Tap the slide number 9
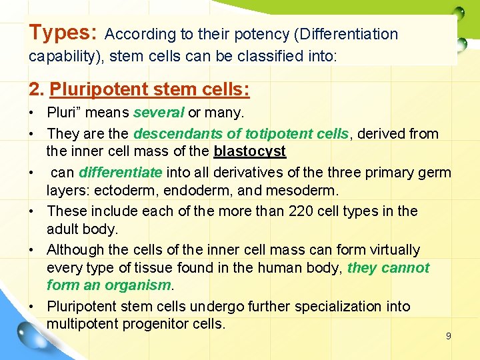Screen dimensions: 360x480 tap(448, 336)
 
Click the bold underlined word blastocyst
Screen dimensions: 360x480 tap(249, 151)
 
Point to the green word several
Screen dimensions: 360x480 tap(159, 113)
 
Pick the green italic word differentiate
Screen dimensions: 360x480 tap(120, 172)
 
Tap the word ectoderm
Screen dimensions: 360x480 tap(124, 191)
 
